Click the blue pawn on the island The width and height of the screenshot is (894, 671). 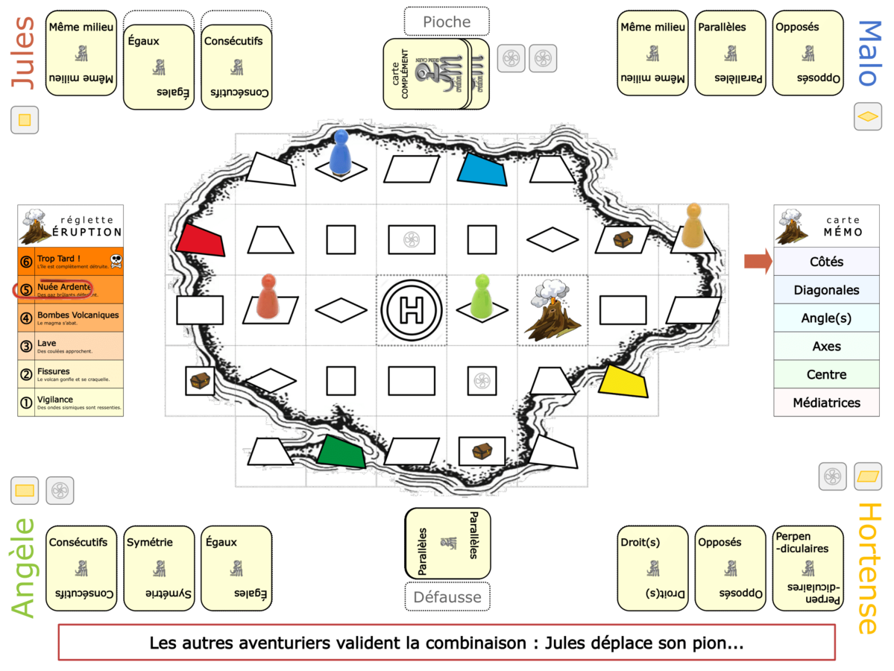[x=341, y=153]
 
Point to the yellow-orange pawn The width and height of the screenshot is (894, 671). [x=694, y=225]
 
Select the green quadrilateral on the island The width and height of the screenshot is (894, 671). [x=341, y=451]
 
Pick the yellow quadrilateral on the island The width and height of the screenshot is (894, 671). [x=623, y=380]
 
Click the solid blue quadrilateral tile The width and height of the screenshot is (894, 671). [x=482, y=169]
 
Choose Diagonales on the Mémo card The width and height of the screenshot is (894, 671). [x=826, y=290]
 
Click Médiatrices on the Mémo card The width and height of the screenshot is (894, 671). [x=826, y=403]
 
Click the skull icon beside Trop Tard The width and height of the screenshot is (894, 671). [x=116, y=261]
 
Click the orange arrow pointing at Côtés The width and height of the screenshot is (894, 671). [x=758, y=261]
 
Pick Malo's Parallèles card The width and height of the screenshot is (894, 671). [x=730, y=53]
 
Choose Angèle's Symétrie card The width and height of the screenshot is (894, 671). [x=159, y=568]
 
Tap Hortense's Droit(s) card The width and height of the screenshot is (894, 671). [x=652, y=568]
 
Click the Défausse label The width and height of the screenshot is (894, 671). [x=447, y=596]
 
